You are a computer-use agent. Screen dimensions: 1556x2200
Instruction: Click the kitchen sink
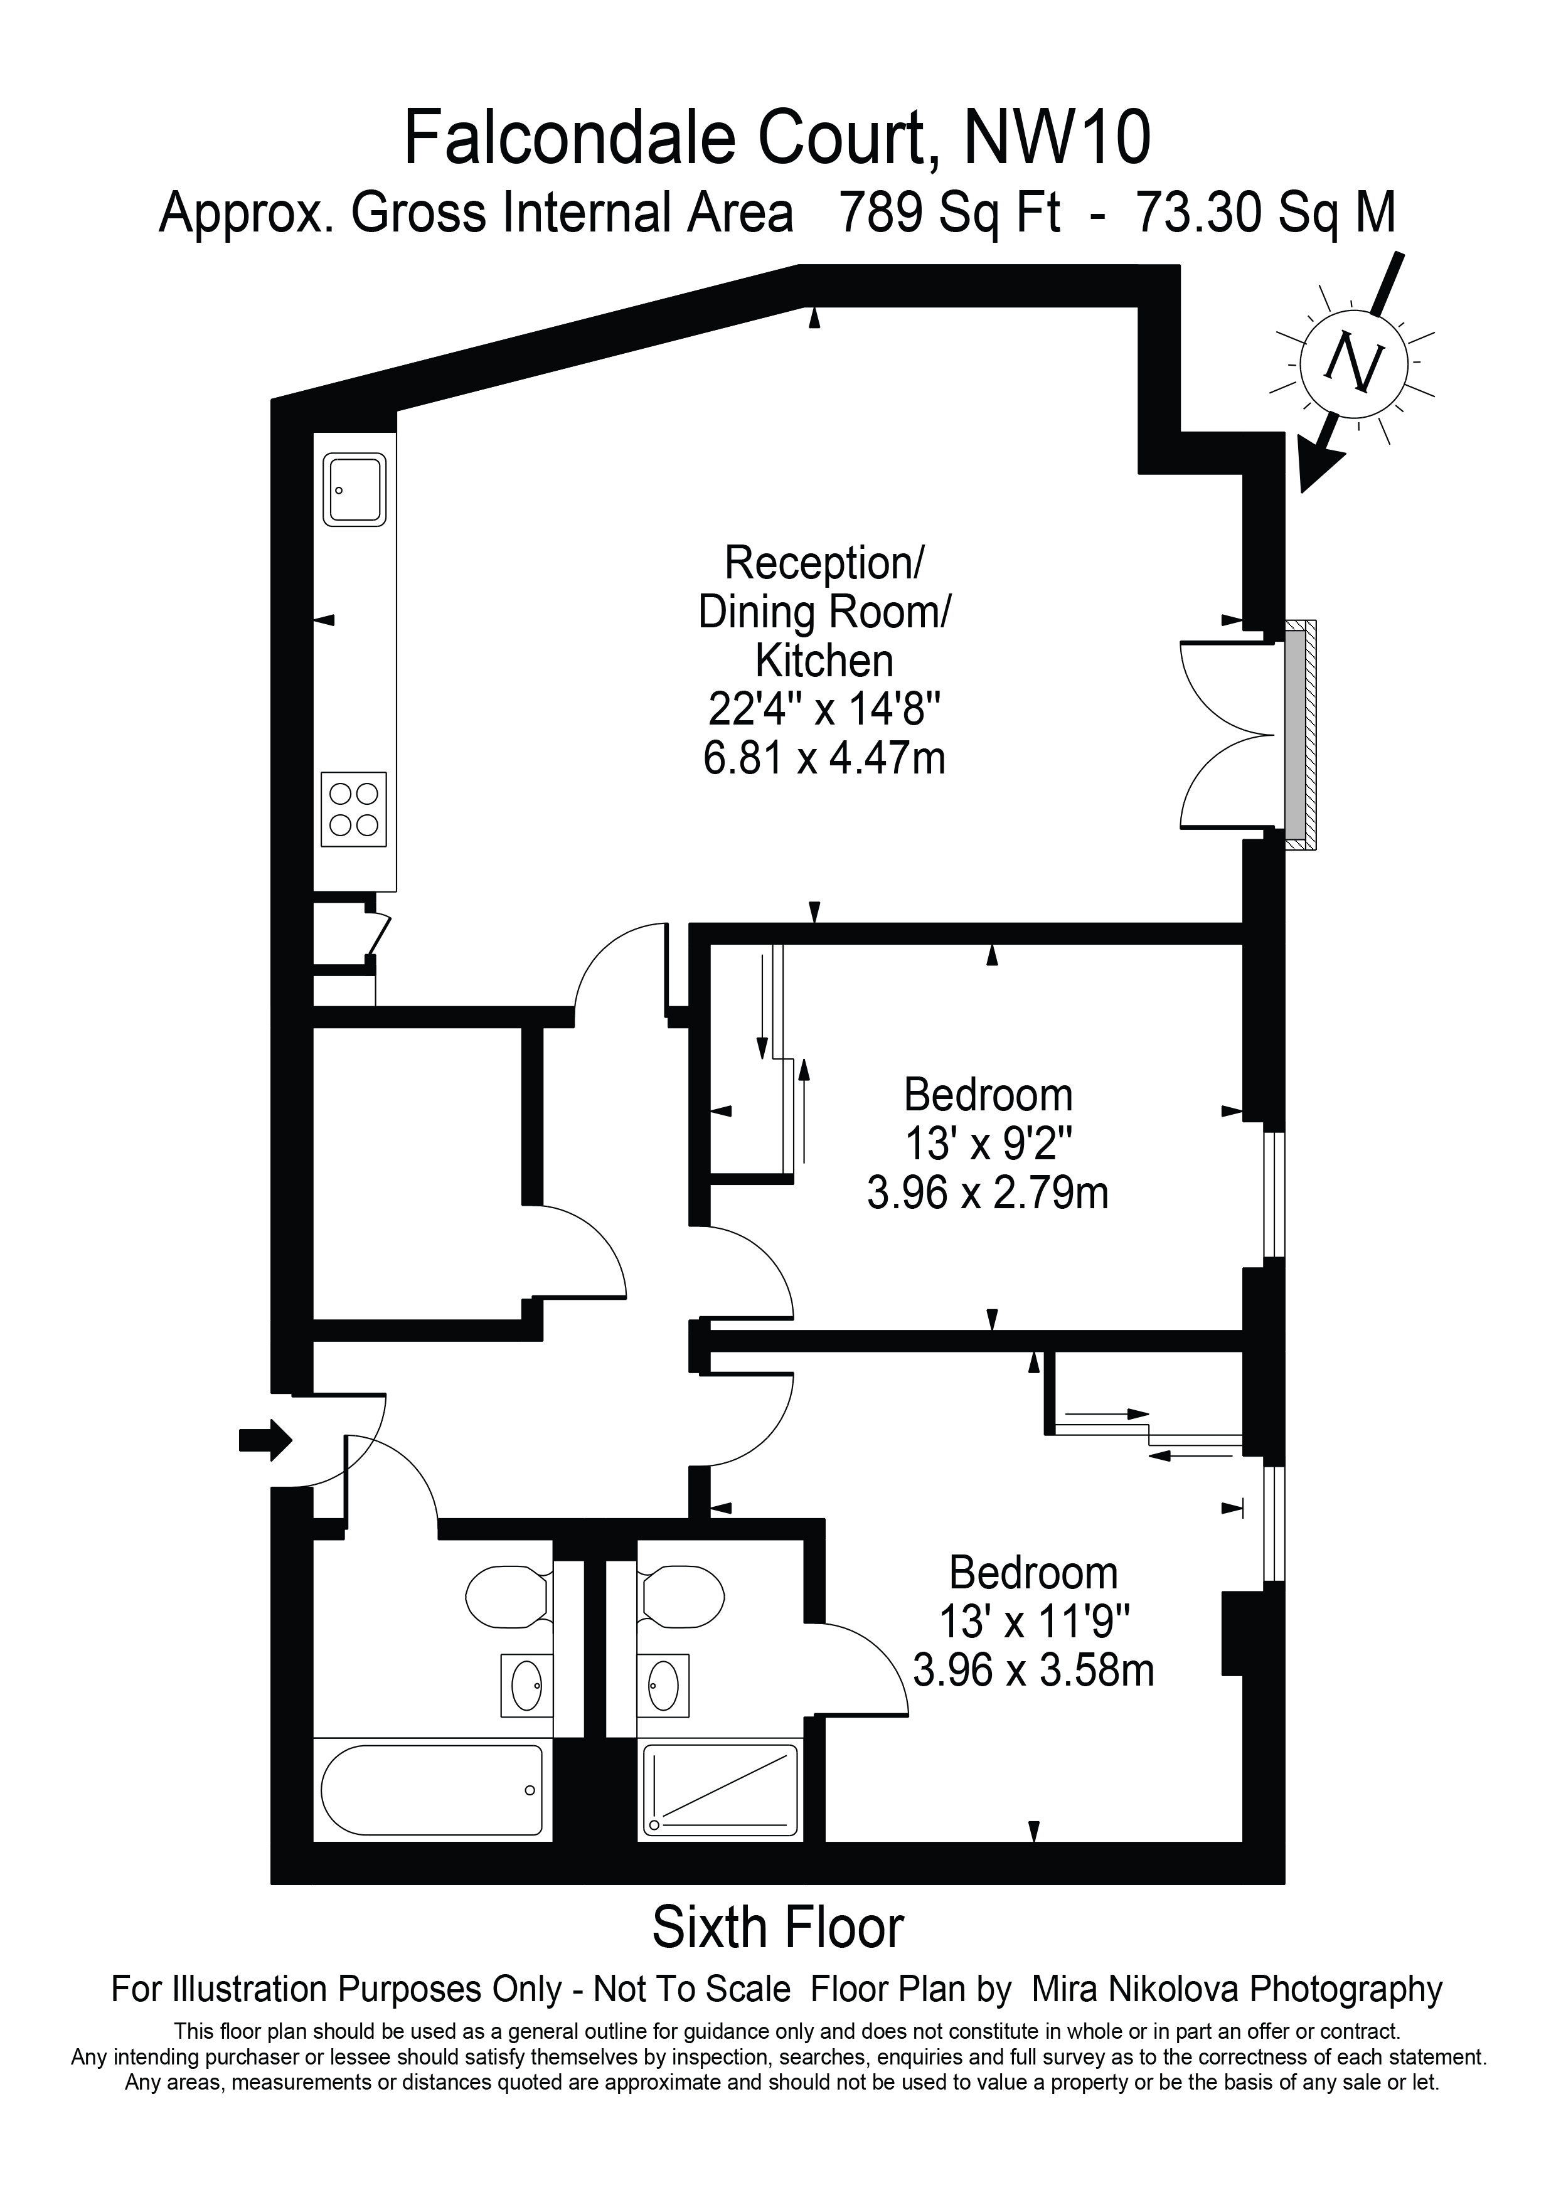[x=354, y=490]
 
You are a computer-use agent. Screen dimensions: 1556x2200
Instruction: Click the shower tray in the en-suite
[x=720, y=1791]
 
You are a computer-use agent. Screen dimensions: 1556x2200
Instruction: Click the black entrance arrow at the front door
[x=265, y=1438]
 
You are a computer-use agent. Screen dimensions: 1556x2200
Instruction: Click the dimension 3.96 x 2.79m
[x=988, y=1194]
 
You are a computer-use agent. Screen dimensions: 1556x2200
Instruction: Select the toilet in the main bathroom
[x=508, y=1597]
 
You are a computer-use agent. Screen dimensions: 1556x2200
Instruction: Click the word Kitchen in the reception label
[x=824, y=661]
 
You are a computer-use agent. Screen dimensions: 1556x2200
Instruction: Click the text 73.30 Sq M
[x=1265, y=213]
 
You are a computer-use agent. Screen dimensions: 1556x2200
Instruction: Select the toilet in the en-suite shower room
[x=682, y=1597]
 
